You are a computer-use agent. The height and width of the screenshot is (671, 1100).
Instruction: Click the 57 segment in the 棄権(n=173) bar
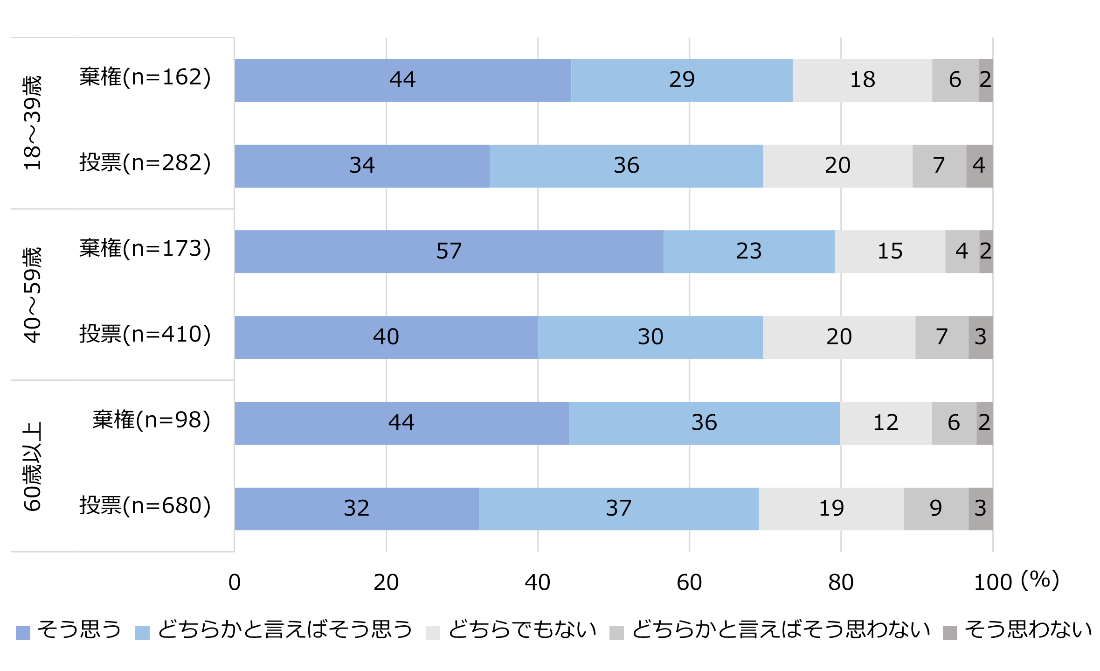(x=449, y=251)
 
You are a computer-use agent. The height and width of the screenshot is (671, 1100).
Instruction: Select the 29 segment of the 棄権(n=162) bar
(x=682, y=80)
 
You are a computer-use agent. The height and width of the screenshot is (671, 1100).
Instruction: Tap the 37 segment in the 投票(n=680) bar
(x=618, y=508)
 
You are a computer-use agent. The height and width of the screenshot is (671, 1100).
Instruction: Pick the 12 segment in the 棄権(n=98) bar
(x=886, y=423)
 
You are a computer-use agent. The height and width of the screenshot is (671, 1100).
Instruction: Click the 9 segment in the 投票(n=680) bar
(x=936, y=508)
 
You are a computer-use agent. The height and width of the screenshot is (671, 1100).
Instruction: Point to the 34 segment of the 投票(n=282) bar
(x=362, y=166)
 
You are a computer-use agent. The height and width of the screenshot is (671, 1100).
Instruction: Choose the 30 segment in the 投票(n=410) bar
(x=650, y=337)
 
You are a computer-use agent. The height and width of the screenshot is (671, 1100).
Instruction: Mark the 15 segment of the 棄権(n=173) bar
(x=890, y=251)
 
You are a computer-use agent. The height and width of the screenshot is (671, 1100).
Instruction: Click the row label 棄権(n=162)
(x=145, y=77)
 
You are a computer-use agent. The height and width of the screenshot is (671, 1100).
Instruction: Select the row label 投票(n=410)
(x=145, y=335)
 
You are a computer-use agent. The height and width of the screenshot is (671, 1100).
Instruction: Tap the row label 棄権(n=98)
(x=152, y=420)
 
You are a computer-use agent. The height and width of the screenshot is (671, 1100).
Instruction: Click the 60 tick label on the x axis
(x=689, y=582)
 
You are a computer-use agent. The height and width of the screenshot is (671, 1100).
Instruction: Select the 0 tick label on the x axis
(x=235, y=582)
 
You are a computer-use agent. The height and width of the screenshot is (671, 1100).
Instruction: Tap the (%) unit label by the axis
(x=1040, y=580)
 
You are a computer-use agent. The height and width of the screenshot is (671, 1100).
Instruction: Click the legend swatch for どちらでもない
(x=433, y=633)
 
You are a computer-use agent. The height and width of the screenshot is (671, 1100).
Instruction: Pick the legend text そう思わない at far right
(x=1028, y=630)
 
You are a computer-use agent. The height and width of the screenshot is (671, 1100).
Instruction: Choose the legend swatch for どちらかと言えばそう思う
(x=142, y=633)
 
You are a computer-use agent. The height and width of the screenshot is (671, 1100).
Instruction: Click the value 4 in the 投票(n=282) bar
(x=979, y=166)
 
